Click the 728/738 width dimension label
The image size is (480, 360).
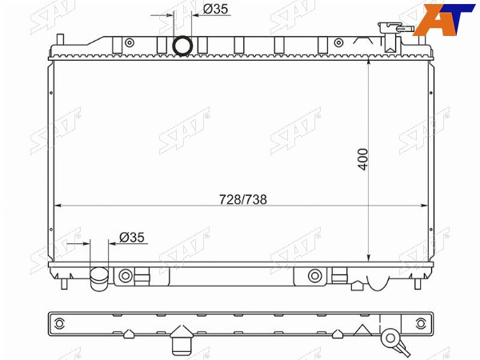(x=242, y=199)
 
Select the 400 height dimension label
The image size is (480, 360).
(x=363, y=159)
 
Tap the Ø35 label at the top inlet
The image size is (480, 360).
(x=215, y=10)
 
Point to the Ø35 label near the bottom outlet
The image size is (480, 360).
(x=132, y=238)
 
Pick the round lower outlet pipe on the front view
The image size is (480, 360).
(x=99, y=279)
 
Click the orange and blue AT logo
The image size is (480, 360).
(x=445, y=19)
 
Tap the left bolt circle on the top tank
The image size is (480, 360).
(x=130, y=42)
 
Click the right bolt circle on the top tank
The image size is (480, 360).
(x=338, y=42)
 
